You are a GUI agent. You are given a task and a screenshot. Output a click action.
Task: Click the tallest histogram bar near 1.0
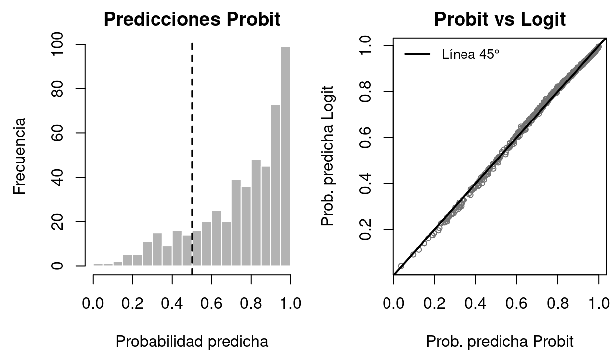point(285,156)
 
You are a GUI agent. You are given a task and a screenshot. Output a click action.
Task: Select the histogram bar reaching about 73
point(275,185)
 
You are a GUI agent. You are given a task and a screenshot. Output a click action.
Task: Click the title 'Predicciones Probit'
point(192,19)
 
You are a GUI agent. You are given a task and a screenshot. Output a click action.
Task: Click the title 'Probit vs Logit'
point(500,19)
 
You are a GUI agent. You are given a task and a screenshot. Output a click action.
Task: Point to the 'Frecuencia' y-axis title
point(20,155)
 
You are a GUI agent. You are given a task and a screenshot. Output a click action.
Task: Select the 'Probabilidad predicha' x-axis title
point(192,341)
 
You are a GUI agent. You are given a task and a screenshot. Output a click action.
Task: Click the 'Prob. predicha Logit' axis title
point(328,156)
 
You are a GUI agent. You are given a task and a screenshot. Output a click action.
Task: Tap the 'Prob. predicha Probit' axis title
point(500,341)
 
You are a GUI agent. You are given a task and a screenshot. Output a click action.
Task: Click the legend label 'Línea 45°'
point(470,54)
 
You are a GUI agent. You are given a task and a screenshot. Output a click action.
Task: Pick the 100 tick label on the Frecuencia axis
point(58,44)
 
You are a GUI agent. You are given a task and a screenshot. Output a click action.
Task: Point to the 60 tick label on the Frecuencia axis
point(58,133)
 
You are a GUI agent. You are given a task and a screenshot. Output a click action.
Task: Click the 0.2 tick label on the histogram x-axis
point(133,303)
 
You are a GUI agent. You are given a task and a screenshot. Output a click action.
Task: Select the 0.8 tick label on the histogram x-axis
point(251,303)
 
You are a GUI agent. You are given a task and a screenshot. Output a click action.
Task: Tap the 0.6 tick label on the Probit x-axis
point(516,303)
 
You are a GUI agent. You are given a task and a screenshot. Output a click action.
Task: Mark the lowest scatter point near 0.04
point(401,266)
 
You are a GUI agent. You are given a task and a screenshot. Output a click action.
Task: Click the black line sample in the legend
point(417,54)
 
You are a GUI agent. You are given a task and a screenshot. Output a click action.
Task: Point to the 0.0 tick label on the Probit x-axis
point(393,303)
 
